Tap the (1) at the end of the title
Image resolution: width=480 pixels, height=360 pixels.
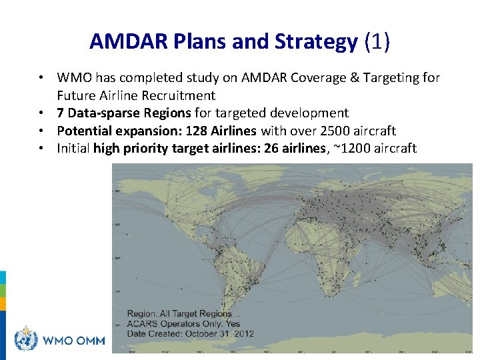pyautogui.click(x=377, y=42)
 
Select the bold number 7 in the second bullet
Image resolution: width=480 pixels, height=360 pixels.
pyautogui.click(x=61, y=113)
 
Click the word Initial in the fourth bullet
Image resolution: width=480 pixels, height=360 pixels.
pyautogui.click(x=73, y=148)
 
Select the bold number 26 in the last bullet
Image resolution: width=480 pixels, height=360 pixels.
pyautogui.click(x=271, y=148)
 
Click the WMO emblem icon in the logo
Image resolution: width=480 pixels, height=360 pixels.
pyautogui.click(x=26, y=339)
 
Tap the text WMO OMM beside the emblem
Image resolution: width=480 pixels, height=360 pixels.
pyautogui.click(x=74, y=341)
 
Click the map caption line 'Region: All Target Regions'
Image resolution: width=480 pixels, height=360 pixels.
pyautogui.click(x=179, y=313)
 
